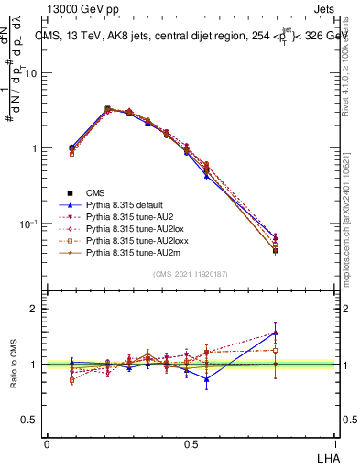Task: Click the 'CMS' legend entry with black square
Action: coord(95,192)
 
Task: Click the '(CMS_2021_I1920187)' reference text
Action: coord(190,274)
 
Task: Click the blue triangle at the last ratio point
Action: coord(276,333)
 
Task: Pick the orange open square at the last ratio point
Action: coord(276,350)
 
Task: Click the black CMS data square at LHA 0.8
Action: coord(276,250)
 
